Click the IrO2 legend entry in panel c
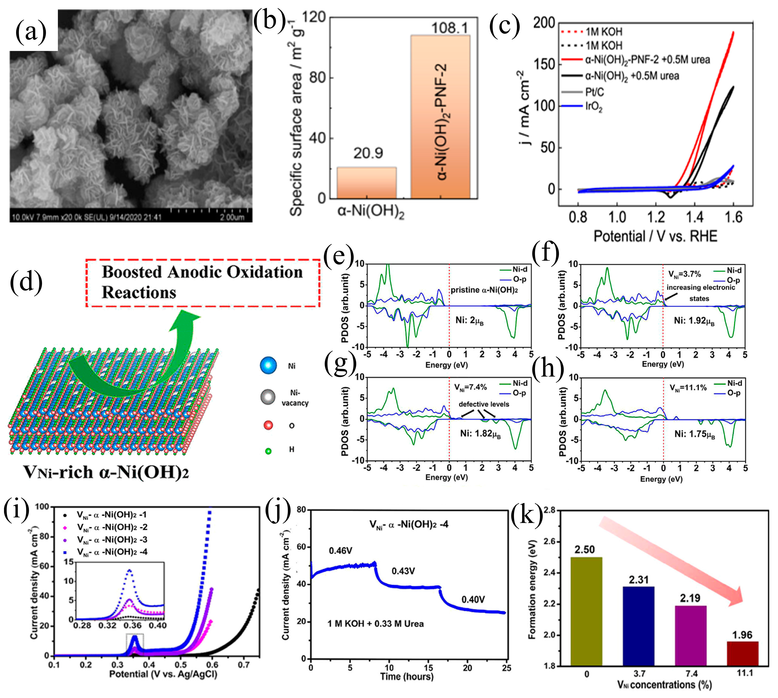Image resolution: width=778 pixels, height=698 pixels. pyautogui.click(x=594, y=107)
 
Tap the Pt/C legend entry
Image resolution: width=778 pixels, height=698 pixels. pyautogui.click(x=595, y=92)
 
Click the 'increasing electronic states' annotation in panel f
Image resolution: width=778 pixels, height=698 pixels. pyautogui.click(x=700, y=293)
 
